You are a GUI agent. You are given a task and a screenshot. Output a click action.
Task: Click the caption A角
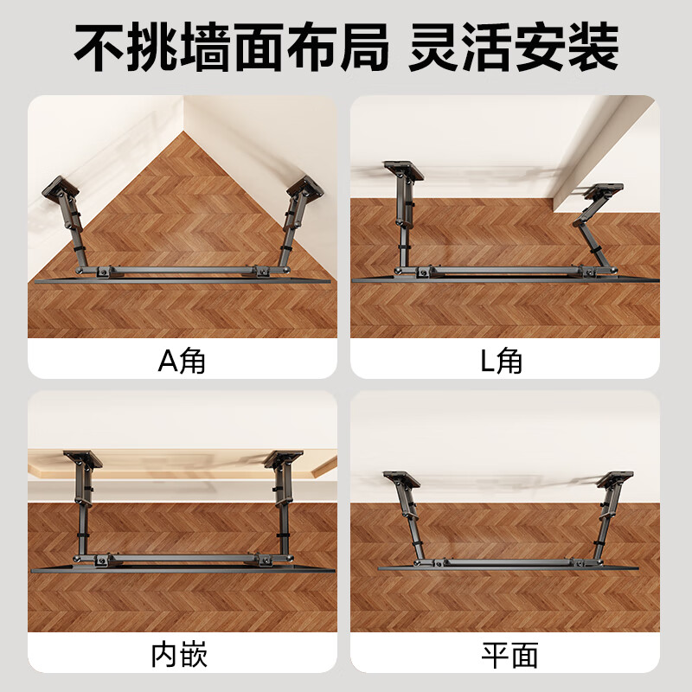coord(182,359)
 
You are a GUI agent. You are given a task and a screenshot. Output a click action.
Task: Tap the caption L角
coord(502,359)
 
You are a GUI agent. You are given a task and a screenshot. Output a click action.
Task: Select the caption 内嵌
coord(182,655)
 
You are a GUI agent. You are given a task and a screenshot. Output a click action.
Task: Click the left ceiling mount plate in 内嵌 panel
coord(83,458)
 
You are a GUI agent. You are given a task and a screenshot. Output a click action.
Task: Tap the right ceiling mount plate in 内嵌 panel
coord(282,458)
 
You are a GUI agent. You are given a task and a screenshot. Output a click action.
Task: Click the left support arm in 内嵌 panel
coord(85,510)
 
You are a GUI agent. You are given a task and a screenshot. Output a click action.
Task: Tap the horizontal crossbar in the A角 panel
coord(182,270)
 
